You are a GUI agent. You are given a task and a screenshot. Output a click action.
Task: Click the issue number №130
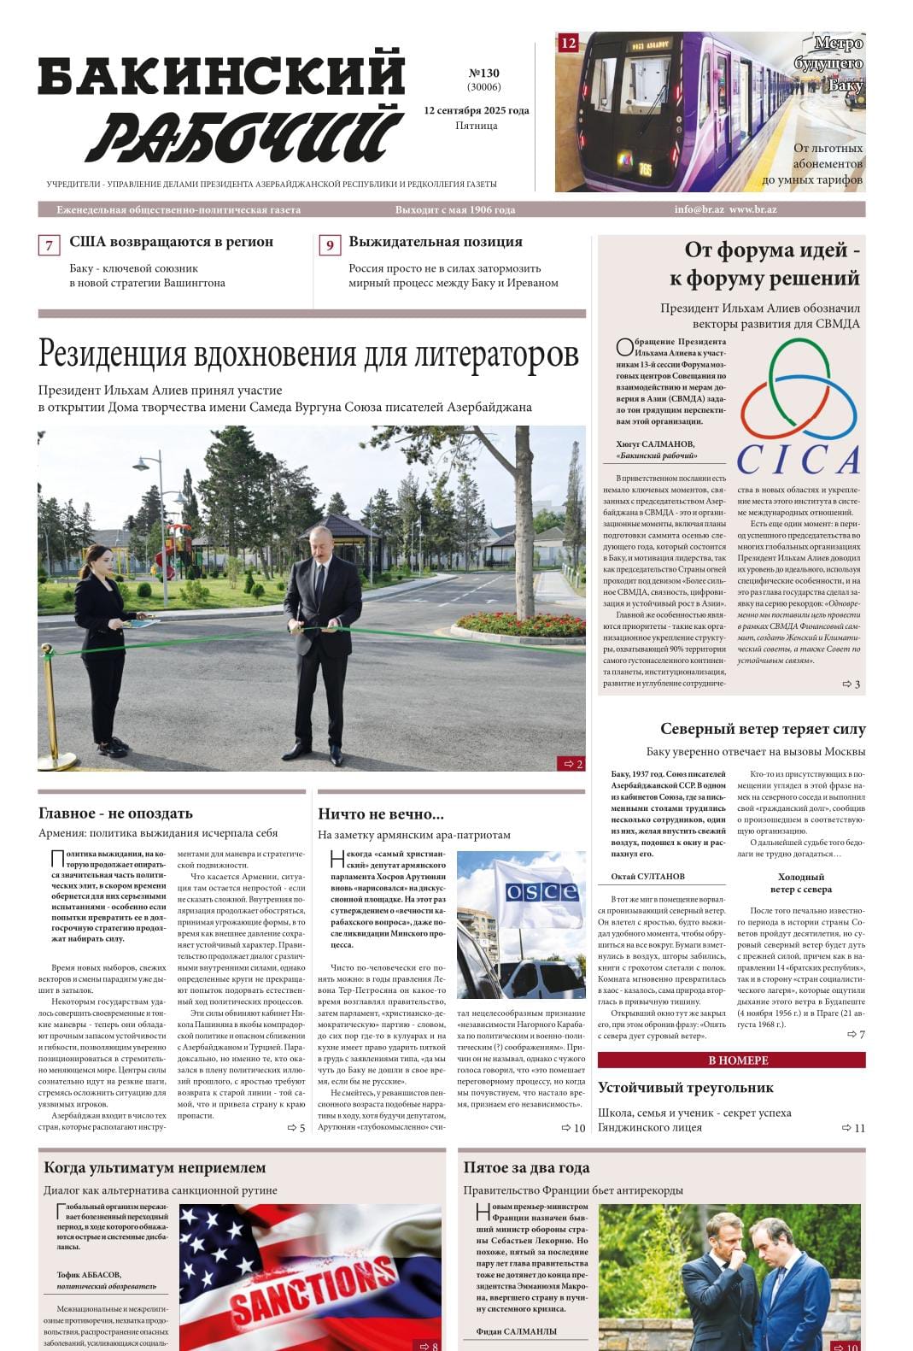(x=483, y=73)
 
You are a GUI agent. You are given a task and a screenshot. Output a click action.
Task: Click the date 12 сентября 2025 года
(x=476, y=110)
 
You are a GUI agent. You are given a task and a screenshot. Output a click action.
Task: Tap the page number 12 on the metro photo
(x=568, y=43)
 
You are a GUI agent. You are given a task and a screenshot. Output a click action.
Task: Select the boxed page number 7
(x=49, y=245)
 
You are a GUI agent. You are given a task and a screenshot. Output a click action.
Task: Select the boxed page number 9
(x=329, y=245)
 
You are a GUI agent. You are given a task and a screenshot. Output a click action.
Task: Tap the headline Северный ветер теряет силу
(x=763, y=729)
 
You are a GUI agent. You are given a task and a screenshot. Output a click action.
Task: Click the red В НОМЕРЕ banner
(x=731, y=1060)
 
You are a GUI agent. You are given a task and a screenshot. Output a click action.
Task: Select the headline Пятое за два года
(x=526, y=1167)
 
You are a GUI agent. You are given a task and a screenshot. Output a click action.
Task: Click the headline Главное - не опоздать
(x=115, y=813)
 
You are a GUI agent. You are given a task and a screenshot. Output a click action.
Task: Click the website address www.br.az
(x=753, y=209)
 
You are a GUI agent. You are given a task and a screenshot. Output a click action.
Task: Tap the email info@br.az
(x=699, y=209)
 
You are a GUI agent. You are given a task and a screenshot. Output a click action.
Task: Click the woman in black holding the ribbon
(x=102, y=641)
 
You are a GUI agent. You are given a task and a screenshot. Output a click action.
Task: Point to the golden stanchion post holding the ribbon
(x=49, y=701)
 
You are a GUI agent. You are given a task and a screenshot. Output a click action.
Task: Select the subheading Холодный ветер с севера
(x=800, y=883)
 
